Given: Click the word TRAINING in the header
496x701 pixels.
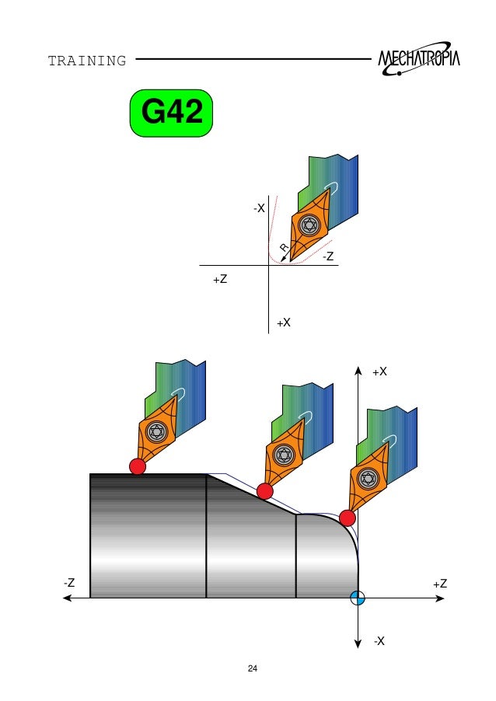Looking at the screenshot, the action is [x=87, y=61].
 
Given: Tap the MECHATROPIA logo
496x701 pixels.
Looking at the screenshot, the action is [x=418, y=59].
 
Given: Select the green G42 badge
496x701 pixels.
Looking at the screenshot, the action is [x=171, y=113].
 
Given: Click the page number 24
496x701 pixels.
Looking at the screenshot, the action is [x=252, y=668].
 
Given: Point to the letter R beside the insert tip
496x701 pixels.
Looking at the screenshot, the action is [x=284, y=247].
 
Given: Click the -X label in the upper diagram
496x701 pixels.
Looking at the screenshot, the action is [x=259, y=208].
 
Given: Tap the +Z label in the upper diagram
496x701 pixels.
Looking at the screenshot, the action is [x=220, y=280].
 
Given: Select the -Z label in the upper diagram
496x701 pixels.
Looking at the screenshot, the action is [x=328, y=256].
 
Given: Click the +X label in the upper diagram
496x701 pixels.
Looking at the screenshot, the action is [x=284, y=323].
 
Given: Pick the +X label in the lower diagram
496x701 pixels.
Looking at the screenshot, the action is [x=379, y=371].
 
